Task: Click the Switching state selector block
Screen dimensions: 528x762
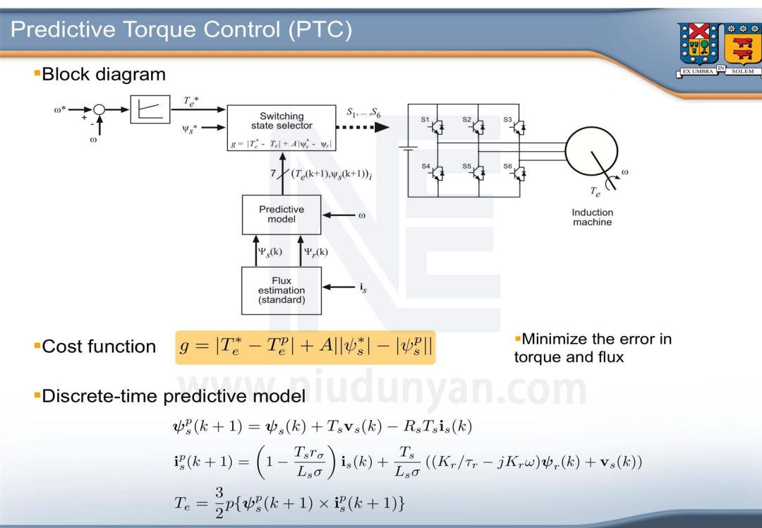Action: pos(282,128)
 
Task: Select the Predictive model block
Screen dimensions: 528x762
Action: pos(282,215)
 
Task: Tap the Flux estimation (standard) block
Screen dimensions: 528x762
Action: pos(282,290)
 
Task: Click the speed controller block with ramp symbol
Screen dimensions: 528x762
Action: pos(150,109)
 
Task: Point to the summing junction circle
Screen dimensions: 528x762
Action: pos(99,109)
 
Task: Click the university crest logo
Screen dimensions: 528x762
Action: pos(716,49)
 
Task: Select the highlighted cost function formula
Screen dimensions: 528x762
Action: pos(305,347)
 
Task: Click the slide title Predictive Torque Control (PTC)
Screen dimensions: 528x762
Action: pos(181,30)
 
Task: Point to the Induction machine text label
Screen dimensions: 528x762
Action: pos(592,217)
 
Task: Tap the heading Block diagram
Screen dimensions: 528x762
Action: pos(103,74)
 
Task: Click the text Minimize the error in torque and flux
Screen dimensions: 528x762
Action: pos(593,348)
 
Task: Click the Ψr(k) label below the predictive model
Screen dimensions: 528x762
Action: pos(315,251)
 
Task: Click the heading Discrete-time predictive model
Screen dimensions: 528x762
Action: pos(173,396)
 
